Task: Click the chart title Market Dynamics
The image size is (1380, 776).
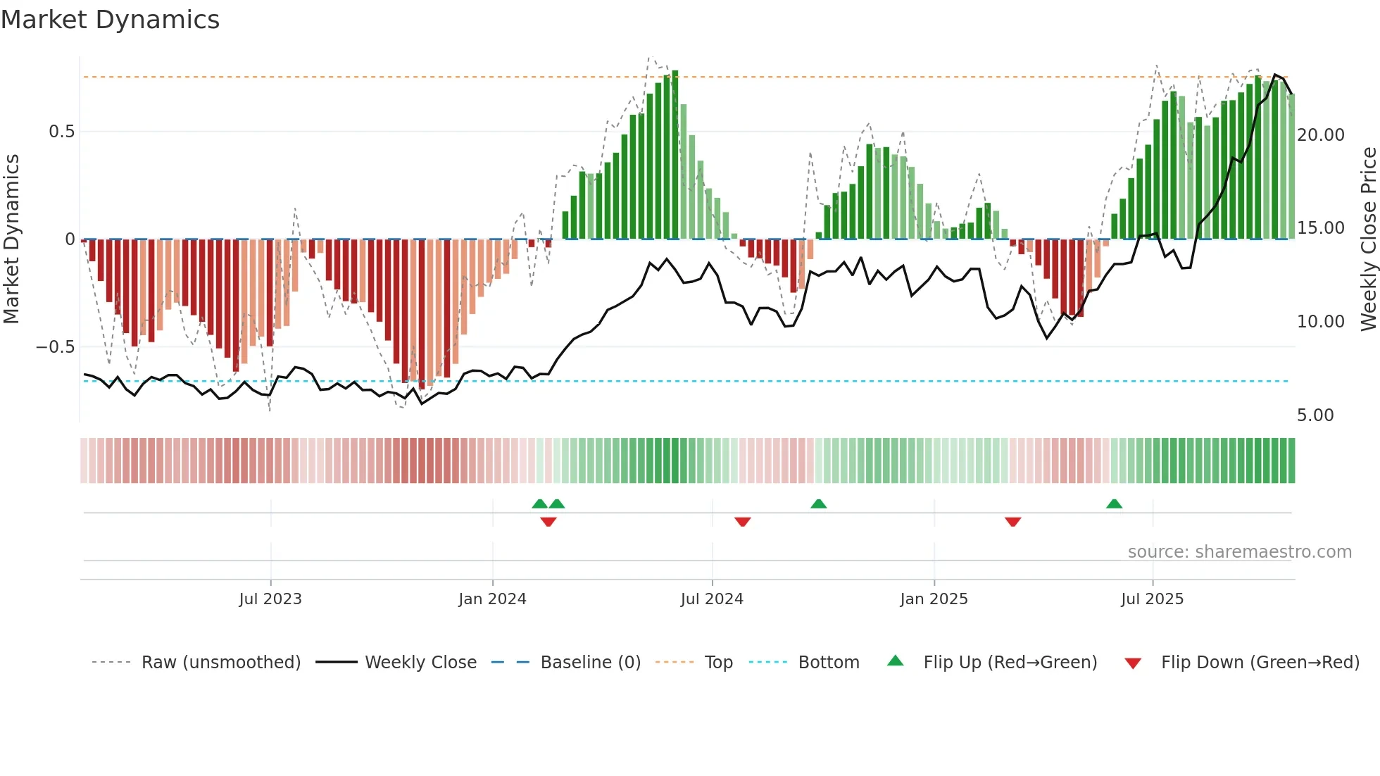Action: (110, 20)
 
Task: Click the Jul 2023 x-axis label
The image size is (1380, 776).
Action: (270, 599)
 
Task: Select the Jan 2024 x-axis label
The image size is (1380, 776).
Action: (492, 599)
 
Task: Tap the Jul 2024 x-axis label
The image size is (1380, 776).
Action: (712, 599)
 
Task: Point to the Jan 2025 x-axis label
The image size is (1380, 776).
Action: (934, 599)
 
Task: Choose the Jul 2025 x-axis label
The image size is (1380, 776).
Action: (1152, 599)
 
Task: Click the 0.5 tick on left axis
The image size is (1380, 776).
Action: (61, 132)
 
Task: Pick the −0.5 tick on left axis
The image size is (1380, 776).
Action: (55, 347)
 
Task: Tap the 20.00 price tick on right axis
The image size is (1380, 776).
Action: (1320, 134)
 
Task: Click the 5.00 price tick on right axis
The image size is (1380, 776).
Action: (1315, 415)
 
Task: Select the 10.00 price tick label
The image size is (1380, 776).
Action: (1320, 322)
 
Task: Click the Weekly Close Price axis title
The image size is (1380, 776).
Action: (1368, 239)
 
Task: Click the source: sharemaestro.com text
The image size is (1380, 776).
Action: (1239, 552)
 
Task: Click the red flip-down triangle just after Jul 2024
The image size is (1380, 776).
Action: (742, 522)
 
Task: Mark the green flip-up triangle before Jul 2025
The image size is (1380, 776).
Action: (1114, 503)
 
